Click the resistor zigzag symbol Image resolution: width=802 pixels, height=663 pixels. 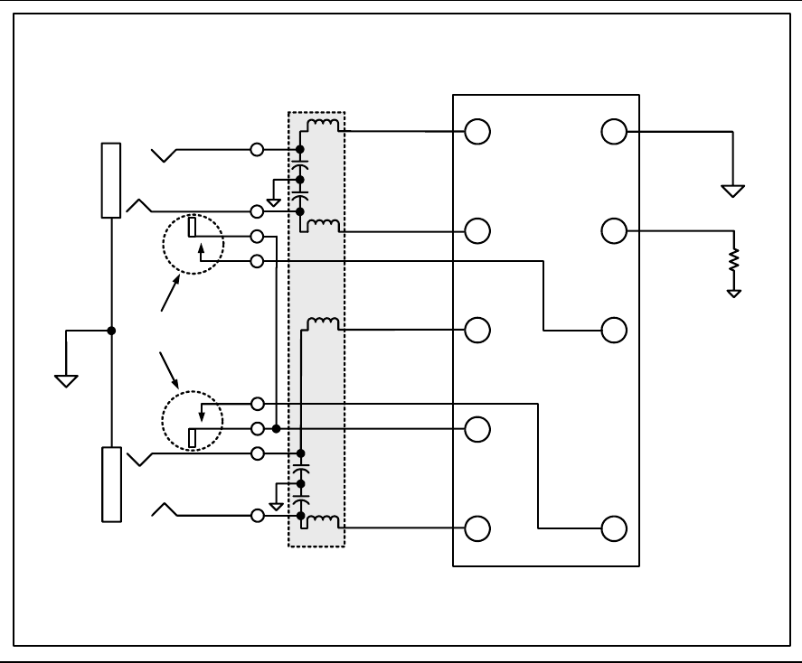click(x=735, y=260)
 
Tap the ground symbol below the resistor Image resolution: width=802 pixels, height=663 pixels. click(x=735, y=292)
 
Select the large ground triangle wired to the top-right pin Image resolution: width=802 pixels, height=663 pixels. click(x=732, y=191)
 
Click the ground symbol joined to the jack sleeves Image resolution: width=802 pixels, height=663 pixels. click(x=65, y=379)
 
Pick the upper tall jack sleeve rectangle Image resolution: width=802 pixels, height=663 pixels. click(x=111, y=181)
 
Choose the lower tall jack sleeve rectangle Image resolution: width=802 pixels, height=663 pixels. click(x=111, y=484)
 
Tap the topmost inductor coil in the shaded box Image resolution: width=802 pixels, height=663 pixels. click(x=324, y=124)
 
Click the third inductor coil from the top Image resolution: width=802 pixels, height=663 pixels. click(x=324, y=322)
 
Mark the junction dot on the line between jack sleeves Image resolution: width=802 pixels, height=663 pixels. click(x=111, y=331)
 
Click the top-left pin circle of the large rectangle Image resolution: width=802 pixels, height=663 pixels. click(x=476, y=133)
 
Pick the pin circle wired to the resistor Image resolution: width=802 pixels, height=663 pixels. click(x=614, y=231)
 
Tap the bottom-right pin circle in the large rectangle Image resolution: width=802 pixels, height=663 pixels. click(x=614, y=528)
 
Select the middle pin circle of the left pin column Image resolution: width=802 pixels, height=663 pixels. click(x=476, y=331)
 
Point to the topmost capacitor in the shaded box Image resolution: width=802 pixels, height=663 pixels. click(x=299, y=167)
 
